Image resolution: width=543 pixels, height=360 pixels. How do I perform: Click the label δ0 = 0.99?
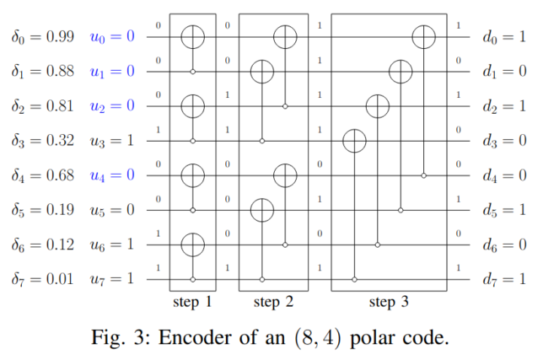(43, 37)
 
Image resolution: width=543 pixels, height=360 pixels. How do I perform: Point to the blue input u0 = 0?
(112, 37)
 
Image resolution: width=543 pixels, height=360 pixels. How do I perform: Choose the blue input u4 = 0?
(112, 175)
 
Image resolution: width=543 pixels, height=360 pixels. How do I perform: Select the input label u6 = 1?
(112, 244)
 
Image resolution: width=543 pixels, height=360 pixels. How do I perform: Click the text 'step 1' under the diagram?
(192, 300)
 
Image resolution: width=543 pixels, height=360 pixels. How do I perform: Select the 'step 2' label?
(275, 300)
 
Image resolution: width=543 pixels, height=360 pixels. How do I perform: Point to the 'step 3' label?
(389, 300)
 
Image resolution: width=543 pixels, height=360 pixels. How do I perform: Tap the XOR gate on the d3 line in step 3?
(355, 141)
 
